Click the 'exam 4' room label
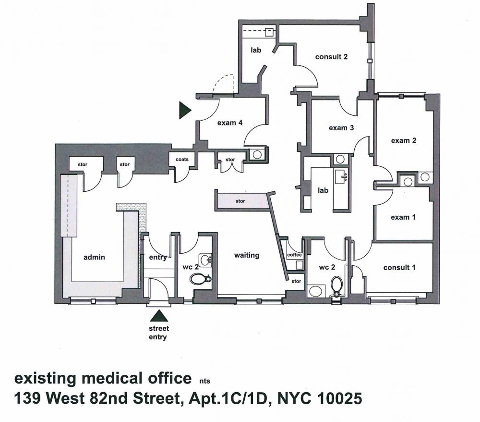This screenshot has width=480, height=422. (230, 123)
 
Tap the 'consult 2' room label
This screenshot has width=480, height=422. (331, 57)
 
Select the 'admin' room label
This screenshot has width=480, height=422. (94, 257)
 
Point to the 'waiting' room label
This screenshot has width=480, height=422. (247, 255)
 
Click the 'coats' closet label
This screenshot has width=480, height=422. (182, 160)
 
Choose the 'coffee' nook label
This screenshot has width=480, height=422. (295, 255)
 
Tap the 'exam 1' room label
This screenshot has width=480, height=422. (403, 217)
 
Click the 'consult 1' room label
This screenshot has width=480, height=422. (399, 268)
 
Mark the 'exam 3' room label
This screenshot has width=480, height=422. (341, 128)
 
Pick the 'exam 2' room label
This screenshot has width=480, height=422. (404, 141)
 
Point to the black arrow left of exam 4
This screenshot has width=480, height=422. (185, 111)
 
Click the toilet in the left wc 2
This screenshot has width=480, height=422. (200, 279)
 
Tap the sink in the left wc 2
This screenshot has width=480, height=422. (205, 260)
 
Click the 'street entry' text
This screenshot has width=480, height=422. (158, 333)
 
